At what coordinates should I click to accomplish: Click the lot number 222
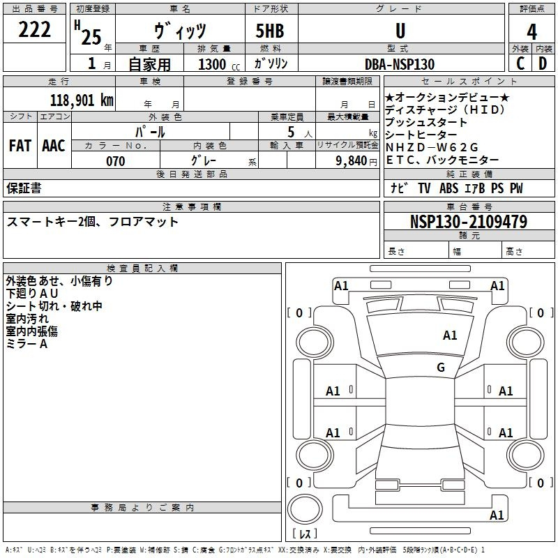(34, 29)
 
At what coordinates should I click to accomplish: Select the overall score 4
(531, 31)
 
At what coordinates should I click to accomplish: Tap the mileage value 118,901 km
(82, 100)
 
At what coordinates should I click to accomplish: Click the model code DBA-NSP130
(400, 64)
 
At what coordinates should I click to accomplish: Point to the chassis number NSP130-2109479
(469, 221)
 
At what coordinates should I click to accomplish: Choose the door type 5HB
(270, 31)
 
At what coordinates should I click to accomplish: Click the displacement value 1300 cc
(219, 64)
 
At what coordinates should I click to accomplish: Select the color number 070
(116, 161)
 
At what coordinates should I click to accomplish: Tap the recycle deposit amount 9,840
(352, 160)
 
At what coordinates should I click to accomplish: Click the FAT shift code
(20, 145)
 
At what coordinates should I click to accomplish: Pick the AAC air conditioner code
(54, 145)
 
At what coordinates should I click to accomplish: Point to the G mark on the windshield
(441, 367)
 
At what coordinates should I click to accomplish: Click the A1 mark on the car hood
(450, 335)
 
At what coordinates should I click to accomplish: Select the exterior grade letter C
(520, 63)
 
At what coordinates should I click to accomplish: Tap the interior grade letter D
(543, 63)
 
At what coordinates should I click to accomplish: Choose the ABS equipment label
(448, 188)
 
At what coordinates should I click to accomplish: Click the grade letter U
(400, 31)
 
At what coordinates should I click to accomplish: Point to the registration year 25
(91, 37)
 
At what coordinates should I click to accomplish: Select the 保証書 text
(24, 188)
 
